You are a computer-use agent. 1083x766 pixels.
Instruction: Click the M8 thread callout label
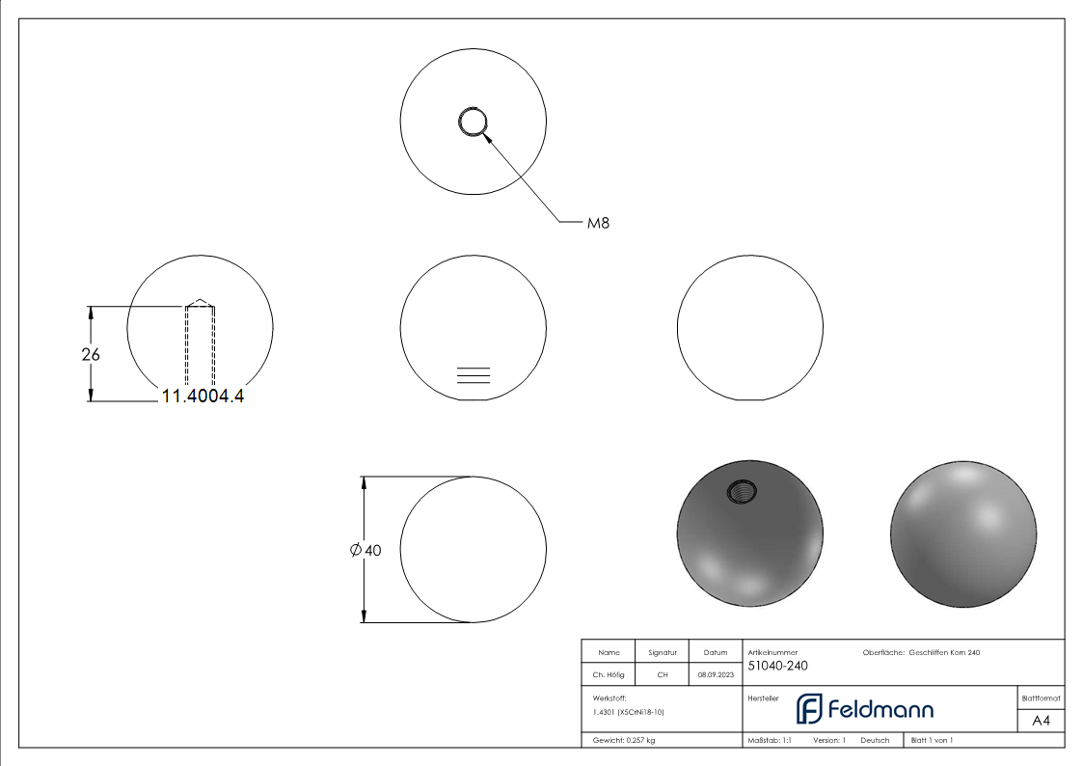pyautogui.click(x=598, y=223)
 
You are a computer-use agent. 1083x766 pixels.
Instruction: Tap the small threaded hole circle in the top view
pyautogui.click(x=473, y=123)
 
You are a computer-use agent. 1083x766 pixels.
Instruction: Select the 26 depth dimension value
pyautogui.click(x=91, y=354)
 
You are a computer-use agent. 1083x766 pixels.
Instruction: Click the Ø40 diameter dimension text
pyautogui.click(x=366, y=550)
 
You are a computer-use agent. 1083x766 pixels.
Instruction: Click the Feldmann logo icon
pyautogui.click(x=808, y=709)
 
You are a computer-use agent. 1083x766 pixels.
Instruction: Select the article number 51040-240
pyautogui.click(x=777, y=666)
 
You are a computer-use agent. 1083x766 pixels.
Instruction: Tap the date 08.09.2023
pyautogui.click(x=715, y=675)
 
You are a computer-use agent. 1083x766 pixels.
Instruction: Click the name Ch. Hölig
pyautogui.click(x=609, y=675)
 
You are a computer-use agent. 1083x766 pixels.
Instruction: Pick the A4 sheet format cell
pyautogui.click(x=1042, y=721)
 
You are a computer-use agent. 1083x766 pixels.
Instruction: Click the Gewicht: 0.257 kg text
pyautogui.click(x=624, y=740)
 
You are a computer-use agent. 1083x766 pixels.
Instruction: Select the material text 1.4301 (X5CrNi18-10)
pyautogui.click(x=629, y=712)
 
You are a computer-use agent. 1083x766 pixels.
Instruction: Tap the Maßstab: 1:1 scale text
pyautogui.click(x=770, y=740)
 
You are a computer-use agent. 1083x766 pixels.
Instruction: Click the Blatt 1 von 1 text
pyautogui.click(x=932, y=740)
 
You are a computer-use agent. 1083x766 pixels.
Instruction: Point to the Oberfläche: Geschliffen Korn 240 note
pyautogui.click(x=921, y=653)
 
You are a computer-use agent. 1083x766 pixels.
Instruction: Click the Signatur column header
pyautogui.click(x=663, y=653)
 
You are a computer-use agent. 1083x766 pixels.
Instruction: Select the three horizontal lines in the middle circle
pyautogui.click(x=473, y=376)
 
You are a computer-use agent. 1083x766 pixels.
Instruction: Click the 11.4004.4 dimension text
pyautogui.click(x=203, y=395)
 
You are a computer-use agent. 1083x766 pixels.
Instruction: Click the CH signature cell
pyautogui.click(x=663, y=675)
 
